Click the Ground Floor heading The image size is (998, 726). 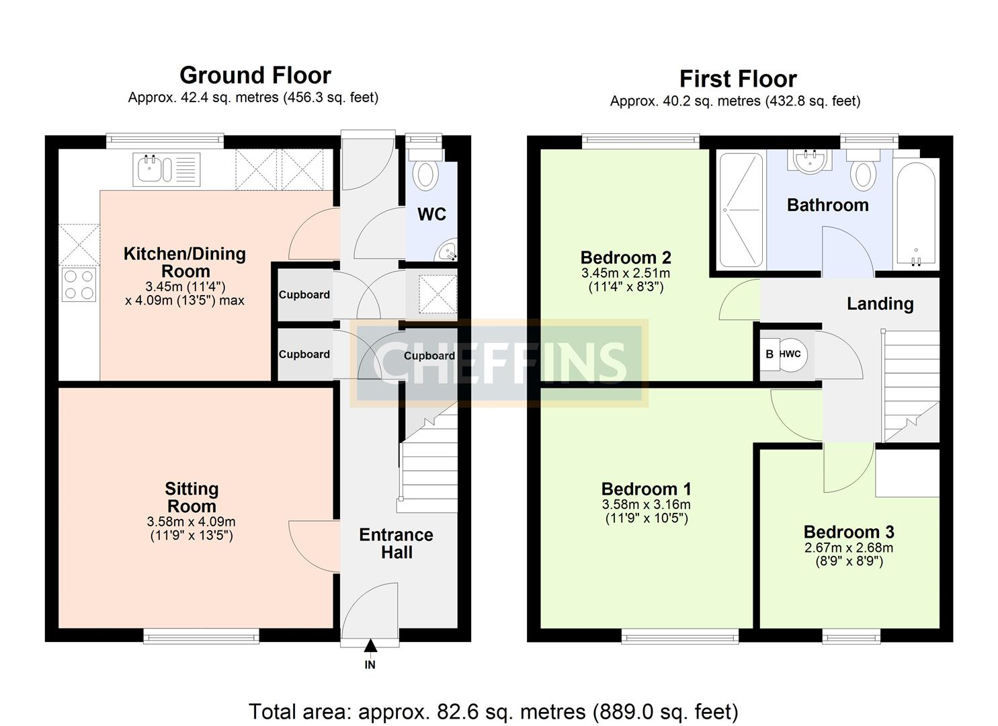pyautogui.click(x=255, y=75)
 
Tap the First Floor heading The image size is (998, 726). pyautogui.click(x=737, y=79)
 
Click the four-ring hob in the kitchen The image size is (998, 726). pyautogui.click(x=79, y=284)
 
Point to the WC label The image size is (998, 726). pyautogui.click(x=431, y=214)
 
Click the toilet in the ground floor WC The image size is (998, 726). pyautogui.click(x=425, y=172)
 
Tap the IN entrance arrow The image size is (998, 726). pyautogui.click(x=370, y=647)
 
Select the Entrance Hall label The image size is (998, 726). pyautogui.click(x=396, y=544)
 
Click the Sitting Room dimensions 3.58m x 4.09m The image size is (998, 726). pyautogui.click(x=192, y=522)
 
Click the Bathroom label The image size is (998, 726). pyautogui.click(x=827, y=205)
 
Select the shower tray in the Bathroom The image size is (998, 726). pyautogui.click(x=742, y=210)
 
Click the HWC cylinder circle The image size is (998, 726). pyautogui.click(x=791, y=354)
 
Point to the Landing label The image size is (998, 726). pyautogui.click(x=880, y=304)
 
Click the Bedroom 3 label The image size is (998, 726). pyautogui.click(x=848, y=532)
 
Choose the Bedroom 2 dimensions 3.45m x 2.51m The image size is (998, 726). pyautogui.click(x=625, y=274)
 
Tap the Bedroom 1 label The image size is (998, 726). pyautogui.click(x=646, y=489)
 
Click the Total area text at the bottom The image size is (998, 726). pyautogui.click(x=493, y=711)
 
